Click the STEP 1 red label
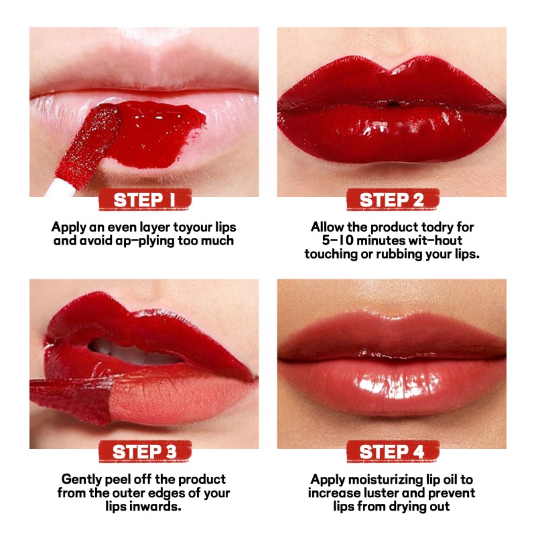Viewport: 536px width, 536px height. coord(144,200)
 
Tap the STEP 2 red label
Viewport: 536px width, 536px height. coord(392,200)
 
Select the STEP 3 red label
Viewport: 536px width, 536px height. coord(144,452)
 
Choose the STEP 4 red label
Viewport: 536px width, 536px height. coord(392,452)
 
